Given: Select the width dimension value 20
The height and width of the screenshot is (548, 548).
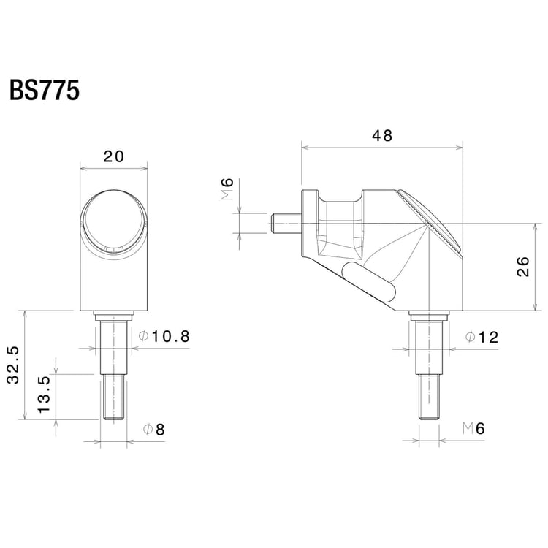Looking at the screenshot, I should coord(113,156).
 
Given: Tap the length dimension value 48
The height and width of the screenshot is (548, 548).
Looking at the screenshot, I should coord(381,135).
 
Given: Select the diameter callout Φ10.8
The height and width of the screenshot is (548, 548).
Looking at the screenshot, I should coord(164,336).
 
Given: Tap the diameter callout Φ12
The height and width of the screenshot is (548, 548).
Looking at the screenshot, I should coord(482,337).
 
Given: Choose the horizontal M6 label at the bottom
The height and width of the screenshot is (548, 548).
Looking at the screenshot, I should coord(473,429).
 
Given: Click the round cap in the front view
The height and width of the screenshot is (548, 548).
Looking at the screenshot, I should coord(113,223).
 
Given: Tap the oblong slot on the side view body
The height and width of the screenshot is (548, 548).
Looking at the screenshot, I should coord(369,283).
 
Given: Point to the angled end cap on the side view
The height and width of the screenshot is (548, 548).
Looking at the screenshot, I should coord(431,221).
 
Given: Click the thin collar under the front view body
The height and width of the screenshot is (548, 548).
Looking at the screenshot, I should coord(113,315).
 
